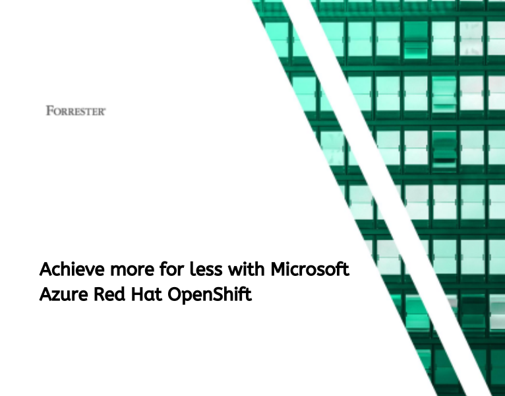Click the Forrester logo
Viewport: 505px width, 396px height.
[x=76, y=110]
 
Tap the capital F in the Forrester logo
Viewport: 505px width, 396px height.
[x=49, y=110]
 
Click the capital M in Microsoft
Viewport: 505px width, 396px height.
[x=278, y=270]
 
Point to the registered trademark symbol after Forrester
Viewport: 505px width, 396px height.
[x=105, y=108]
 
